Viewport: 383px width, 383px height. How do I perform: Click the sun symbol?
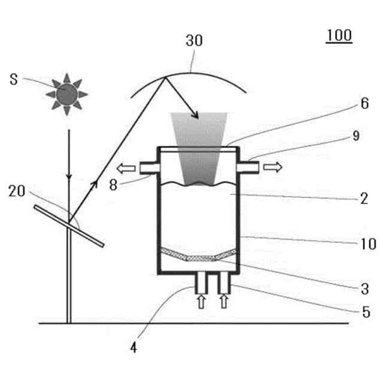click(x=66, y=93)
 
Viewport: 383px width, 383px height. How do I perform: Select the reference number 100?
click(x=339, y=35)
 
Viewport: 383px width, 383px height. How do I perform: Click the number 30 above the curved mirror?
click(x=194, y=41)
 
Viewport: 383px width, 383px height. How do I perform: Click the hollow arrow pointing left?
click(x=126, y=168)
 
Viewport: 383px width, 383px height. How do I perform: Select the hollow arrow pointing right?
click(x=273, y=168)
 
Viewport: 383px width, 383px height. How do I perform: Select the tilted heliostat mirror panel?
click(x=69, y=226)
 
